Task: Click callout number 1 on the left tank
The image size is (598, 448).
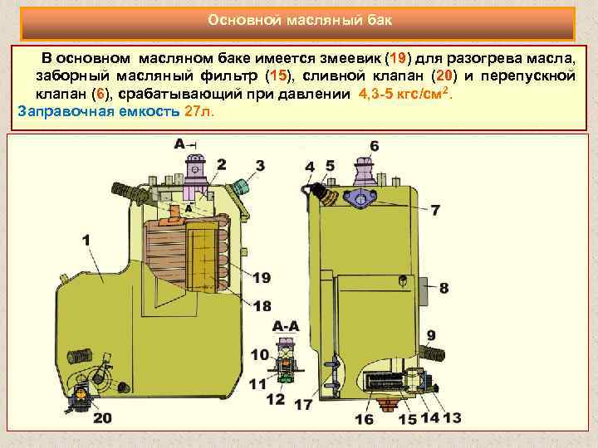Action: pos(87,240)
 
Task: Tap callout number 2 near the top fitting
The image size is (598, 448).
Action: pos(221,164)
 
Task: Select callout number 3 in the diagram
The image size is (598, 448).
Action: pos(260,166)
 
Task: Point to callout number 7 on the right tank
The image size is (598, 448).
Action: pos(435,209)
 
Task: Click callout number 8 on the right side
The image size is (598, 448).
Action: pos(444,288)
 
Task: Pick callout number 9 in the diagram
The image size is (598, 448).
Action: pos(431,335)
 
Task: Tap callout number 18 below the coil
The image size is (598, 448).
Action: pos(262,306)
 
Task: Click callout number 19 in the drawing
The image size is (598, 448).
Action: pos(261,277)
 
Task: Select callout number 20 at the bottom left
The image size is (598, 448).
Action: pos(102,417)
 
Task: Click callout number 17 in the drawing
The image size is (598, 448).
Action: pos(303,406)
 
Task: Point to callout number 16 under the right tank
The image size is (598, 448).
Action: pos(364,419)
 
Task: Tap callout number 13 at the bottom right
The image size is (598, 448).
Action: pos(452,418)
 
